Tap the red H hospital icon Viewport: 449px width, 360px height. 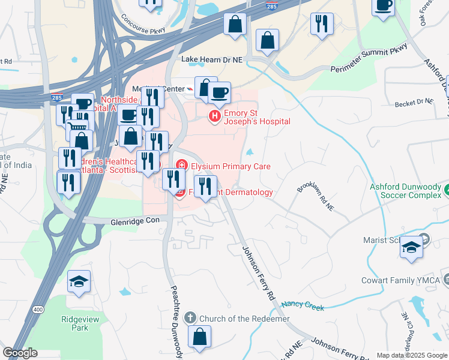[214, 116]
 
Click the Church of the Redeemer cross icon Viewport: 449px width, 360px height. [190, 318]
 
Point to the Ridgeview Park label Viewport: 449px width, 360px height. [79, 323]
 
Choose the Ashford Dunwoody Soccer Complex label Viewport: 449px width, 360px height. [405, 191]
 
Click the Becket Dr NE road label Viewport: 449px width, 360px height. [414, 103]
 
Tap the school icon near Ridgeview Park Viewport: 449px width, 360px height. [79, 281]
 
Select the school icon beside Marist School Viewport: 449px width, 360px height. [411, 248]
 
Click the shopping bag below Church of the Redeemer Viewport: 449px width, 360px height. [199, 337]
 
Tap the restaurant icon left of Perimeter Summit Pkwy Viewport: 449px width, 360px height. [322, 24]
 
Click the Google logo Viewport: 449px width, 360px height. [20, 353]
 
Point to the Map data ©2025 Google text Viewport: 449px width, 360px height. [411, 355]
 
